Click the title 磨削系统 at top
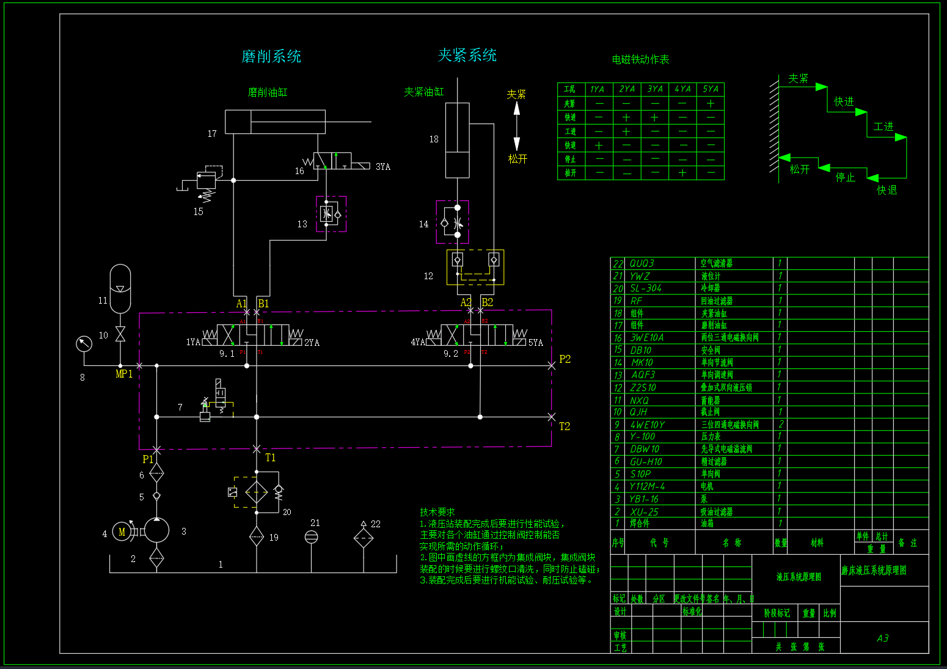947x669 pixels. [271, 57]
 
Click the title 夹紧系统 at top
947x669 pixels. [467, 56]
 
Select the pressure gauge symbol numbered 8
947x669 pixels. [84, 344]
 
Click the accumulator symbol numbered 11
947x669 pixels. [120, 288]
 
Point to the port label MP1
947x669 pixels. [124, 374]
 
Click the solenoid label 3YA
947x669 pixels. [383, 167]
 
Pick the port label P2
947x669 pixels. [565, 359]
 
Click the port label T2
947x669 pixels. [565, 426]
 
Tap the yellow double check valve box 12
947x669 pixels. [475, 267]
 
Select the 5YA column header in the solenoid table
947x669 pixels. [711, 89]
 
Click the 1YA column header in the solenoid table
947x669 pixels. [597, 89]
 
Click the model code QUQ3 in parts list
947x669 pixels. [642, 263]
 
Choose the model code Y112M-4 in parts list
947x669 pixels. [647, 486]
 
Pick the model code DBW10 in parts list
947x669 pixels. [645, 449]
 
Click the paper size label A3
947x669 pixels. [883, 638]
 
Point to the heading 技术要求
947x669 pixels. [437, 512]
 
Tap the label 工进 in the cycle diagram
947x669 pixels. [883, 126]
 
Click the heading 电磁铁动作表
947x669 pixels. [640, 59]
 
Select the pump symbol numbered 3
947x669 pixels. [156, 531]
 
